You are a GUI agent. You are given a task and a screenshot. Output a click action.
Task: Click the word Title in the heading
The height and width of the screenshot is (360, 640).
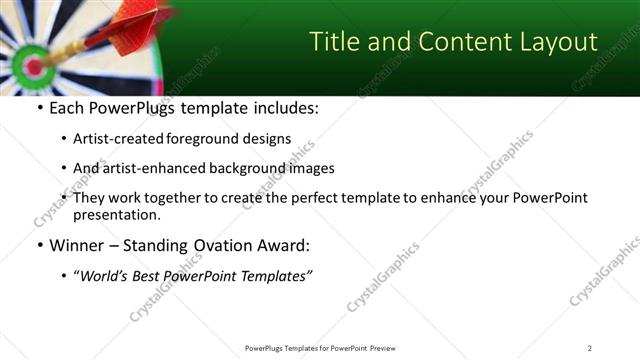pos(336,42)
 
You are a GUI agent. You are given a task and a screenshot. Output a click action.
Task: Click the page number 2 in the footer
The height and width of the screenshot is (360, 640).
pos(590,347)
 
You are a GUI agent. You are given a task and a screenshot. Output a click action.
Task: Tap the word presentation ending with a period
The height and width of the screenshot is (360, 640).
pos(116,215)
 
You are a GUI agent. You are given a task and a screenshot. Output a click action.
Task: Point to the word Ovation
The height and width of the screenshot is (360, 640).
pos(223,244)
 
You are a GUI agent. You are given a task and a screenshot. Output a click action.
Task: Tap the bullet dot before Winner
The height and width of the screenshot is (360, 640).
pos(38,245)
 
